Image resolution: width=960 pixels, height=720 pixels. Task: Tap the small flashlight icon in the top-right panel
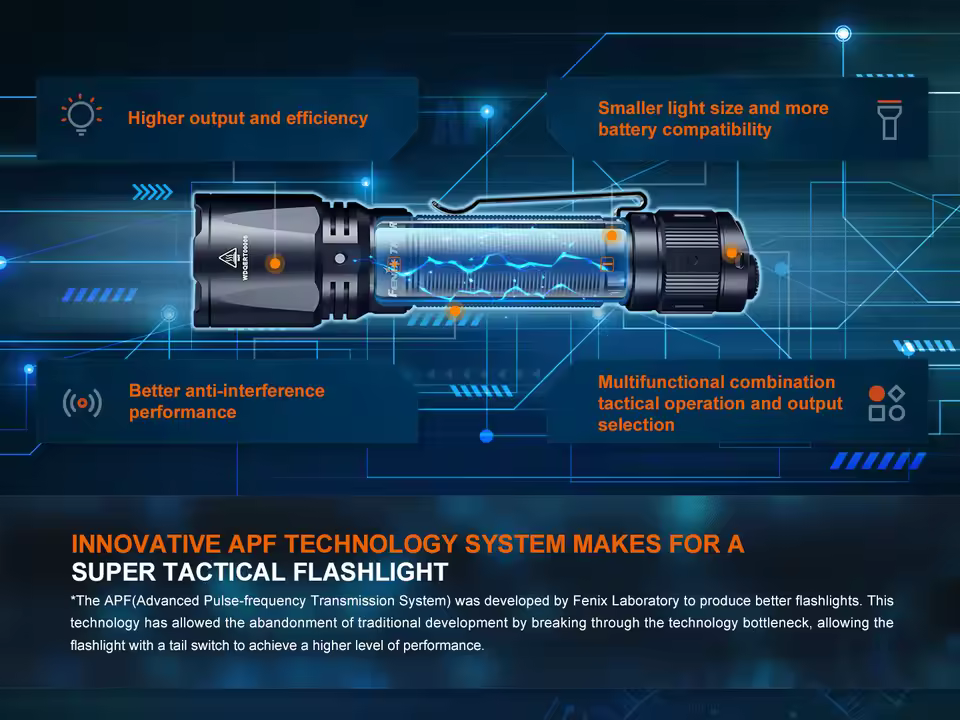pyautogui.click(x=888, y=119)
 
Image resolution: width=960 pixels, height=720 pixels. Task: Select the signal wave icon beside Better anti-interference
pyautogui.click(x=82, y=403)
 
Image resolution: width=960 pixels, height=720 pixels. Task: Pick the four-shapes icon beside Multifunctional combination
pyautogui.click(x=887, y=403)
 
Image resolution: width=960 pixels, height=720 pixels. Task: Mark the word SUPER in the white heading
pyautogui.click(x=111, y=573)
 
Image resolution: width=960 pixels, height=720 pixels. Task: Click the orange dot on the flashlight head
pyautogui.click(x=275, y=263)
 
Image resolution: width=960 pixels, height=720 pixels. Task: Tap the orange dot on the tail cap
pyautogui.click(x=733, y=252)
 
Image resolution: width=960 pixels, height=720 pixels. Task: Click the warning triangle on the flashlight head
pyautogui.click(x=226, y=256)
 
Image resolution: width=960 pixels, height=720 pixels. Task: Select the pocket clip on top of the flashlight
pyautogui.click(x=530, y=199)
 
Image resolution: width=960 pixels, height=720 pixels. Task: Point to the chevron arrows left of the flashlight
pyautogui.click(x=152, y=192)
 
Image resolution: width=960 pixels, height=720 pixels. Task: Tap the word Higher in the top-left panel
pyautogui.click(x=157, y=118)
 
